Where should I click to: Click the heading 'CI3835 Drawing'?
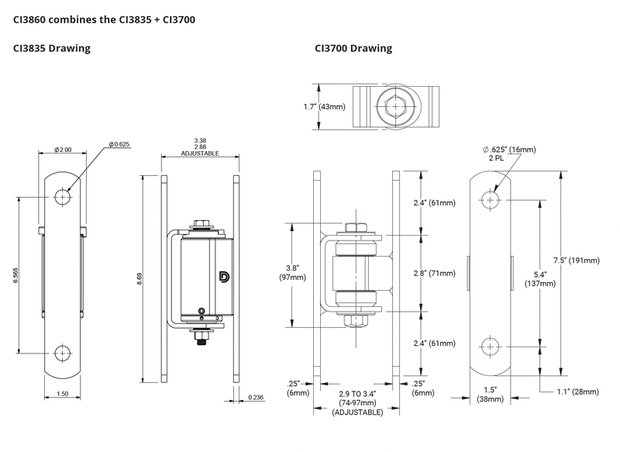pos(52,49)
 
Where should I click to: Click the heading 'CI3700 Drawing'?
pos(353,49)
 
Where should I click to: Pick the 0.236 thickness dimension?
pos(257,398)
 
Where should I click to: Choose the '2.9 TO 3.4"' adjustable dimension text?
pos(357,394)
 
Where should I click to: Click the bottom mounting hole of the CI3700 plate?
pos(491,345)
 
